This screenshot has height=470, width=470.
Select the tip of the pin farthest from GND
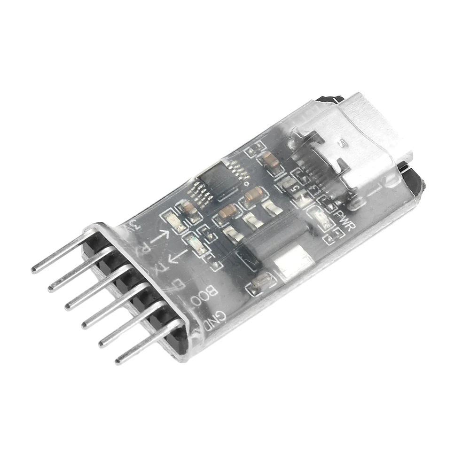coord(34,270)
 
